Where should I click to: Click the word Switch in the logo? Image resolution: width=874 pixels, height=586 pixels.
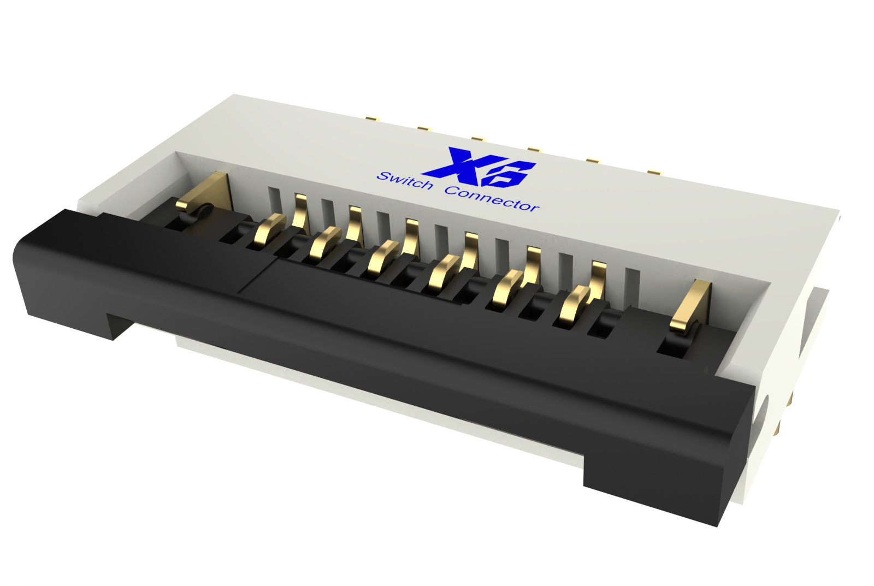(x=405, y=180)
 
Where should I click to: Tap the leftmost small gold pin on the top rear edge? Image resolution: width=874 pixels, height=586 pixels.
(x=373, y=119)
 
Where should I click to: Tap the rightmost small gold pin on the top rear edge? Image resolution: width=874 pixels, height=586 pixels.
(x=654, y=173)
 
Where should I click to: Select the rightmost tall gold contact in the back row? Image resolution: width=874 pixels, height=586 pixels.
(x=599, y=279)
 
